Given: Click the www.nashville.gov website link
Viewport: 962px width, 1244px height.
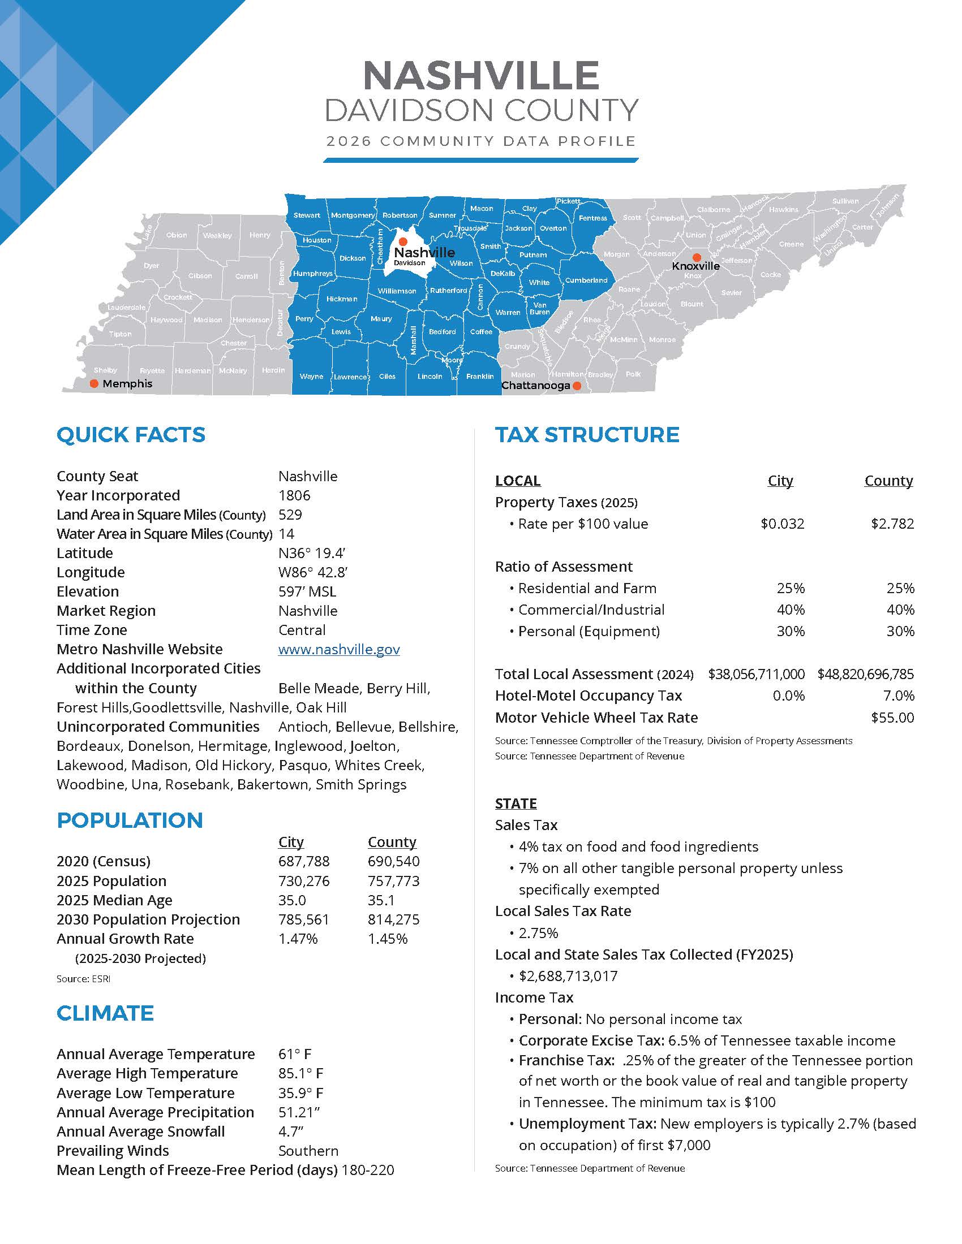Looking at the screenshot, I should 338,649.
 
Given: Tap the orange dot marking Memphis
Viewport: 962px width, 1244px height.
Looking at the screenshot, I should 95,383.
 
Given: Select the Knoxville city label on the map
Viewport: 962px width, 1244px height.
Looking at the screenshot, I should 695,266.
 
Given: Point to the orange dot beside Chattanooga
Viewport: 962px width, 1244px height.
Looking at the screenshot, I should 577,386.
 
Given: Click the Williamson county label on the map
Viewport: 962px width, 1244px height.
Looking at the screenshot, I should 397,291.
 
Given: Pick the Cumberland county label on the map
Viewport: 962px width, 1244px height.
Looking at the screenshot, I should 586,280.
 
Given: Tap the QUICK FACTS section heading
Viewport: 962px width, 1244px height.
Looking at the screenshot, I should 131,435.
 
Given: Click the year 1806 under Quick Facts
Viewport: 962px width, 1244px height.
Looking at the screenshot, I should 294,495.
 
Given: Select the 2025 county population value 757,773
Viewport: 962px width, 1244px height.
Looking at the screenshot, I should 393,881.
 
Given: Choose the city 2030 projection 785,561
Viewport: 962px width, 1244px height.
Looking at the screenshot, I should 304,920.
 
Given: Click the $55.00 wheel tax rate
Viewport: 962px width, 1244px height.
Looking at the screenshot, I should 892,718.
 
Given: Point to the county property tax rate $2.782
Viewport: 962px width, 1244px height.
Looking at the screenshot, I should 892,524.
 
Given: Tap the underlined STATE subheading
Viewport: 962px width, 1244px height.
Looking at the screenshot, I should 516,804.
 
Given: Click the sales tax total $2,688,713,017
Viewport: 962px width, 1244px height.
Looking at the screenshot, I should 568,977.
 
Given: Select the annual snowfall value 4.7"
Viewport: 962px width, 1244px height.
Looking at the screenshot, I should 291,1132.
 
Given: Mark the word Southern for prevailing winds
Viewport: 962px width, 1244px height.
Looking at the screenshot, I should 308,1151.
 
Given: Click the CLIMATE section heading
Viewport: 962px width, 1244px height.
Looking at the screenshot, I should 105,1013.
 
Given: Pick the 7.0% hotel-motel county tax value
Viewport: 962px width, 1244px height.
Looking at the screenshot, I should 900,696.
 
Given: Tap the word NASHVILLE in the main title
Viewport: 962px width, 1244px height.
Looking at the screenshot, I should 481,75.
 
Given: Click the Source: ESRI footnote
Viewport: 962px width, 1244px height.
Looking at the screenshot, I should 83,979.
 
